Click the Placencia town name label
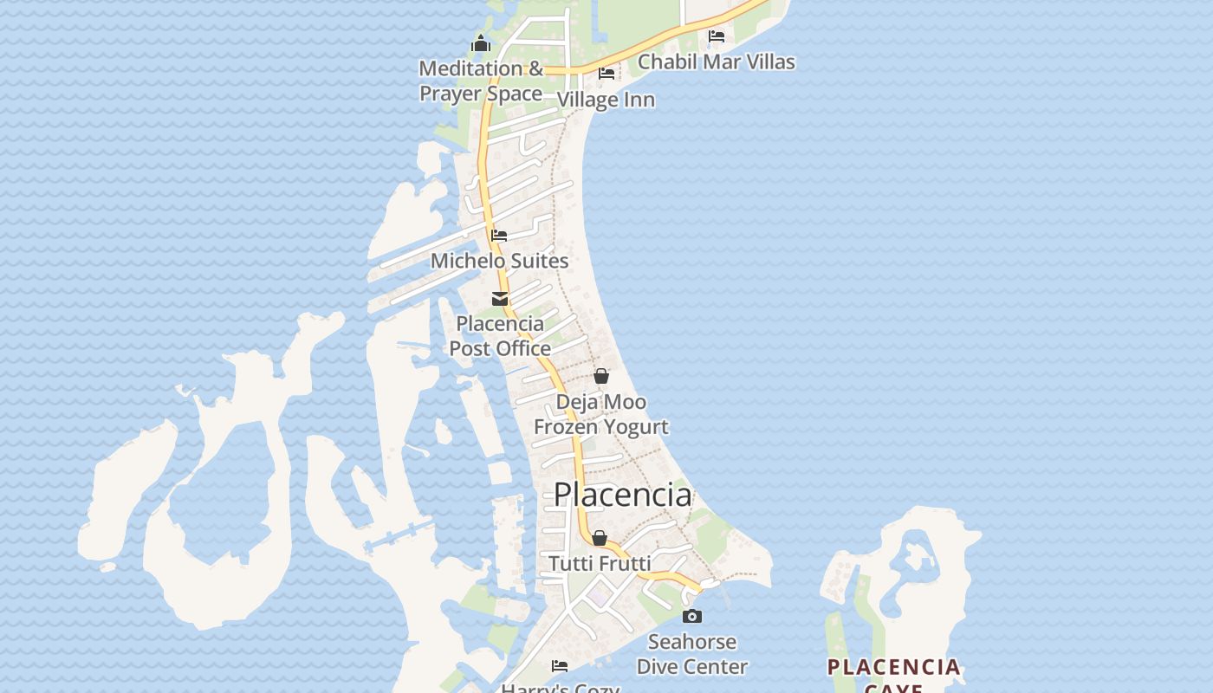click(x=622, y=495)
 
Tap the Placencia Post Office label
click(x=500, y=336)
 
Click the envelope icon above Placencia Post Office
click(x=500, y=299)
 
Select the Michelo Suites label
click(x=500, y=261)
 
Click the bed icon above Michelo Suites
click(x=499, y=235)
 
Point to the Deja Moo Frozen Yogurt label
click(x=601, y=414)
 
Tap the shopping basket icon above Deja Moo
click(x=601, y=376)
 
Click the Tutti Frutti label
click(x=600, y=564)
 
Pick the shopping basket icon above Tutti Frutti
click(x=600, y=538)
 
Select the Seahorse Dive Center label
click(x=692, y=654)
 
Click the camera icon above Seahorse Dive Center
click(x=692, y=617)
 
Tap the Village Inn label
click(x=606, y=100)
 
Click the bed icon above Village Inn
click(x=606, y=74)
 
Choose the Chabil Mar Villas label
click(x=717, y=62)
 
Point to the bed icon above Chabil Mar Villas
click(x=717, y=36)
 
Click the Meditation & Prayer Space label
click(x=481, y=81)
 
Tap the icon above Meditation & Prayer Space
click(x=481, y=43)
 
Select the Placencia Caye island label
click(x=894, y=672)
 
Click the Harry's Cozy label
click(x=560, y=688)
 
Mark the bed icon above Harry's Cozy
click(x=560, y=665)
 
